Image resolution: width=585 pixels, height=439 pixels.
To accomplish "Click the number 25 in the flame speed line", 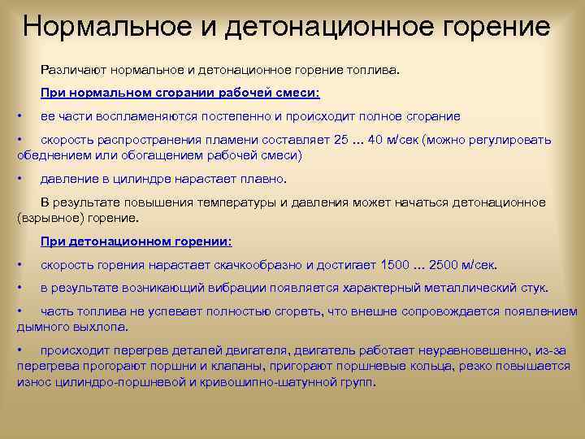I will tap(340, 139).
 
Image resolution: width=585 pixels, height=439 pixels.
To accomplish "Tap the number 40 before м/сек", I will tap(375, 139).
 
